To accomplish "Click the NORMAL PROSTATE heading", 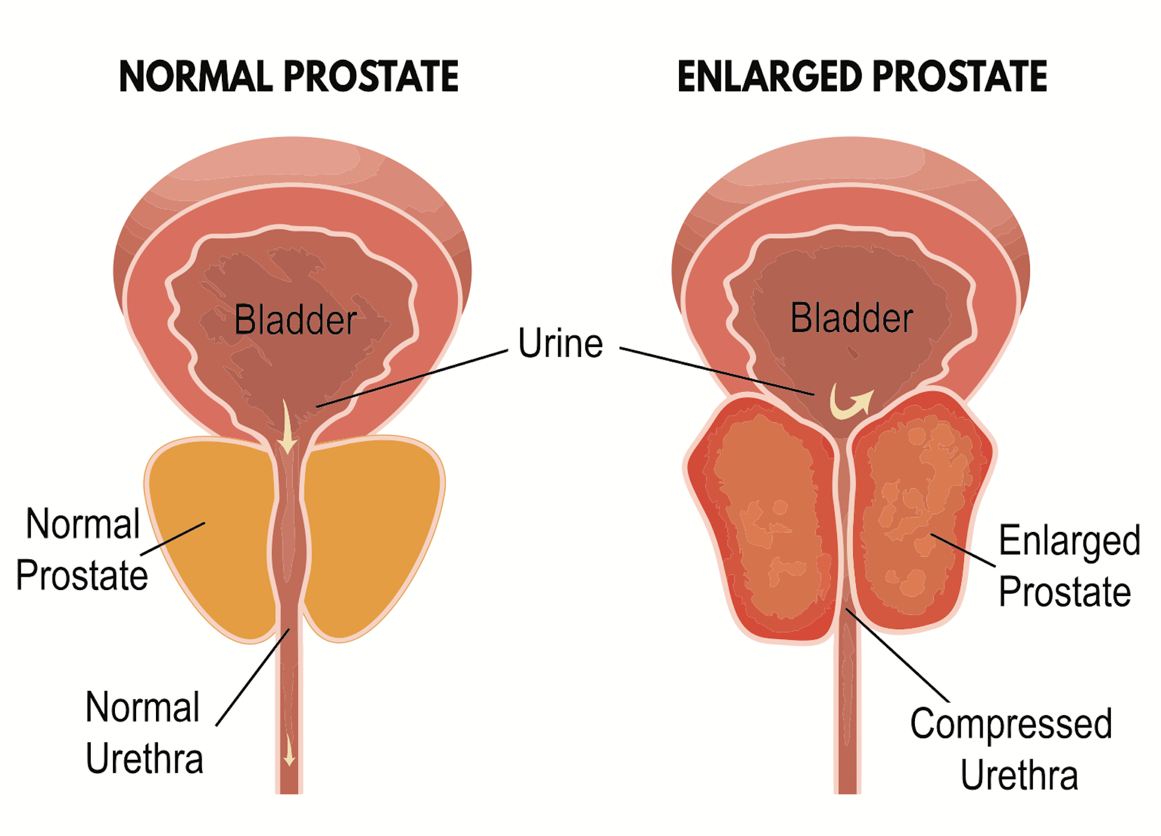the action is coord(289,77).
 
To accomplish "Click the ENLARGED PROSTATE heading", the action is coord(862,77).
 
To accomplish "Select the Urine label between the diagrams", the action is coord(561,343).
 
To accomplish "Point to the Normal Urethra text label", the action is coord(144,732).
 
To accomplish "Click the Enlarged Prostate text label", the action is coord(1069,566).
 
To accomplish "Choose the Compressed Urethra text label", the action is coord(1011,749).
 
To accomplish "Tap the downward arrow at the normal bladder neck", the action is coord(287,426).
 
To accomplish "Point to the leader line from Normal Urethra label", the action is coord(253,677).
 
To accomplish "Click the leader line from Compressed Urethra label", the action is coord(897,655).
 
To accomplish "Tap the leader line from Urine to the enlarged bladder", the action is coord(717,371).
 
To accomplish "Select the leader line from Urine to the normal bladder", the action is coord(412,378).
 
